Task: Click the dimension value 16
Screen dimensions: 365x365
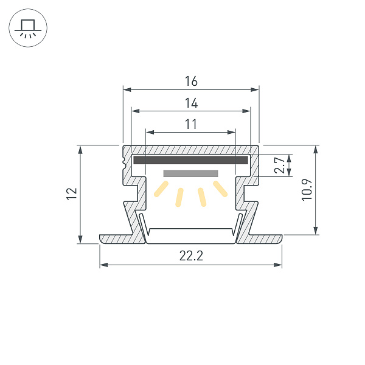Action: [191, 81]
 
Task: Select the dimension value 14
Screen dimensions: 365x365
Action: [191, 103]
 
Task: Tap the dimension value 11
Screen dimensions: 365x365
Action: [191, 124]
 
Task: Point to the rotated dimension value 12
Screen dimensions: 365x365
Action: [72, 194]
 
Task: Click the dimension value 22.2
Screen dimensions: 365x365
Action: [191, 256]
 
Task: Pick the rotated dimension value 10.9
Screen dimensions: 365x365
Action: [307, 189]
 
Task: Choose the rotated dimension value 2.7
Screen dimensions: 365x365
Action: [279, 165]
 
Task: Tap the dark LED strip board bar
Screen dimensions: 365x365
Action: [190, 161]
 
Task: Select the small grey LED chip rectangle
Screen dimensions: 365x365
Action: [190, 173]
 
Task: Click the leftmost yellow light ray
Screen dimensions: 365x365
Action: [161, 189]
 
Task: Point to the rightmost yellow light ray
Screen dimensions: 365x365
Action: [220, 189]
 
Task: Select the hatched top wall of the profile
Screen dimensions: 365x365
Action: [191, 150]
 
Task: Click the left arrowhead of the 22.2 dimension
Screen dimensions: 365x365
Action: [103, 265]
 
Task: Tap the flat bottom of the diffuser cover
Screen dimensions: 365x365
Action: [191, 230]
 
